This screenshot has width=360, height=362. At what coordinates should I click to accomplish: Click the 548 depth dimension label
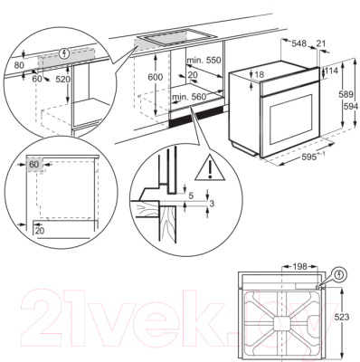(x=299, y=43)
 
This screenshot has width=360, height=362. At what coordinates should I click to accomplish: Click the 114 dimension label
(x=331, y=71)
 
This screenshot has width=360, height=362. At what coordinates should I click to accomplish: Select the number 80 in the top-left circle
(x=18, y=65)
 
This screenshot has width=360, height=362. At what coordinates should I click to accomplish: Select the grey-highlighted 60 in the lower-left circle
(x=34, y=166)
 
